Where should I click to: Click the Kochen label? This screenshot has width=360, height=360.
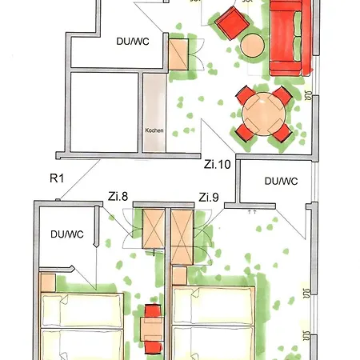point(154,130)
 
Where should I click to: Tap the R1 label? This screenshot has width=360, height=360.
point(56,178)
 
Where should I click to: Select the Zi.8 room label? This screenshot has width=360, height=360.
point(118,194)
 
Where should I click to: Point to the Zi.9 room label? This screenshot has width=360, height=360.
point(209,197)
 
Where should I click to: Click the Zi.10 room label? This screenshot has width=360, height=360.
point(217,165)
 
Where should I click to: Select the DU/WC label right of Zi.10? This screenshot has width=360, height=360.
point(281,182)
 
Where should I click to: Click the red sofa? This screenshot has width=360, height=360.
point(291,38)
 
